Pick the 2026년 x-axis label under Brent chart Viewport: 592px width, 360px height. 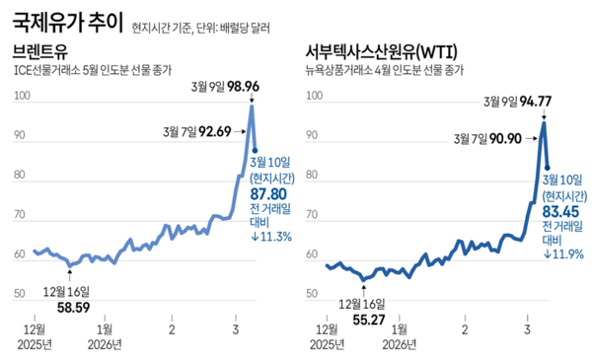[105, 344]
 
